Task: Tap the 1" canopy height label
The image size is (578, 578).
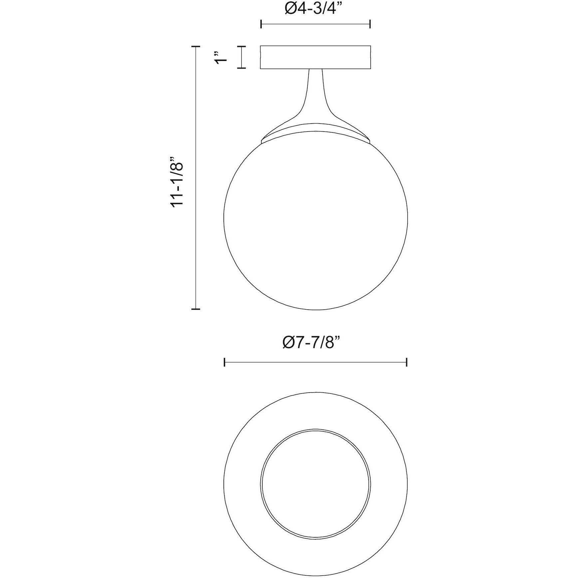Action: (x=221, y=57)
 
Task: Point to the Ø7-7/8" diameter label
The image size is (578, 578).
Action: (x=312, y=342)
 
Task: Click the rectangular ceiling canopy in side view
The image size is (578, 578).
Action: (x=315, y=57)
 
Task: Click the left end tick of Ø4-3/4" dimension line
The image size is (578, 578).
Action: (x=261, y=24)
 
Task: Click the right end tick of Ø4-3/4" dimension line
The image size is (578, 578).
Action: (x=370, y=24)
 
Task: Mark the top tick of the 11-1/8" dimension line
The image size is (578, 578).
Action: (x=195, y=46)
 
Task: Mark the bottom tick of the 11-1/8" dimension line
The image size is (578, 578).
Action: (x=195, y=309)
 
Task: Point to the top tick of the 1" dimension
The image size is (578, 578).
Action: (x=241, y=46)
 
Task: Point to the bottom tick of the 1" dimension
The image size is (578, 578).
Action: (x=241, y=68)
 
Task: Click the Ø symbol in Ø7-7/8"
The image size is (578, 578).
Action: (x=289, y=342)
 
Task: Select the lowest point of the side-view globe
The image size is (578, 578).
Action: (x=315, y=310)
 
